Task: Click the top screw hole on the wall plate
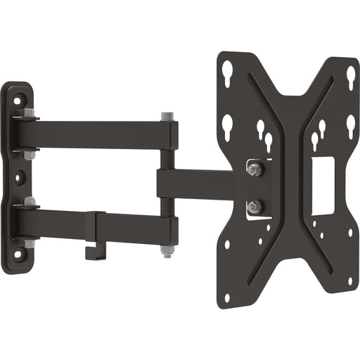(x=18, y=101)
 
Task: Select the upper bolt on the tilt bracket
(x=254, y=169)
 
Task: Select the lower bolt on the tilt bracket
(x=254, y=206)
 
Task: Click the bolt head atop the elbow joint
(x=167, y=116)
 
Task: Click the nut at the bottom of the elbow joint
(x=167, y=251)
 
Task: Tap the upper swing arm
(x=98, y=134)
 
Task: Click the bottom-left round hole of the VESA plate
(x=226, y=297)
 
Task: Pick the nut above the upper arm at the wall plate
(x=28, y=113)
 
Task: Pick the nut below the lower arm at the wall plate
(x=29, y=243)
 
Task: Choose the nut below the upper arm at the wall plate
(x=29, y=155)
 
